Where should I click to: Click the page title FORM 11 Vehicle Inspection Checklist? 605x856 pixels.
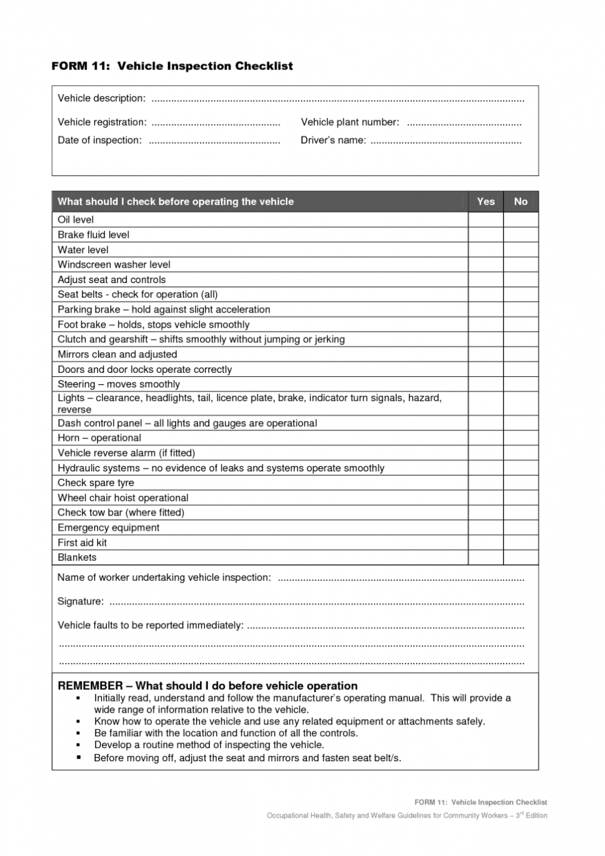point(172,66)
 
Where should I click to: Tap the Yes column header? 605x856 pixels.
point(485,202)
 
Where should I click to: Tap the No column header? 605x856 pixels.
point(520,202)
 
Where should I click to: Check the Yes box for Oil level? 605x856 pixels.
point(485,220)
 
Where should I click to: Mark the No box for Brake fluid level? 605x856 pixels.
point(520,235)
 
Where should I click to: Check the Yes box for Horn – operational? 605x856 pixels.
point(485,438)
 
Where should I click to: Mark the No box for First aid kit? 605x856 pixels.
point(520,542)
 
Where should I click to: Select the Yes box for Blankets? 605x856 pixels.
point(485,557)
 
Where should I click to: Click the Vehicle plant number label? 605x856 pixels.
point(350,122)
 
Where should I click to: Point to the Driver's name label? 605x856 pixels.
point(333,140)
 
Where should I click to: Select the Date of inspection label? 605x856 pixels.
point(100,140)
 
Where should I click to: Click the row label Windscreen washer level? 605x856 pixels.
point(114,265)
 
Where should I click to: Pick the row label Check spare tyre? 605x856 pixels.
point(96,483)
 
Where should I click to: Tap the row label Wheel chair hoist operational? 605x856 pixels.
point(123,498)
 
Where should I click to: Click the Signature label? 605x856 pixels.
point(80,601)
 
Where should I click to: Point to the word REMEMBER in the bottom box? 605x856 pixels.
point(90,686)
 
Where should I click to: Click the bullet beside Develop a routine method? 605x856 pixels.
point(79,745)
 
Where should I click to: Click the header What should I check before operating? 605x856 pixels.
point(175,202)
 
